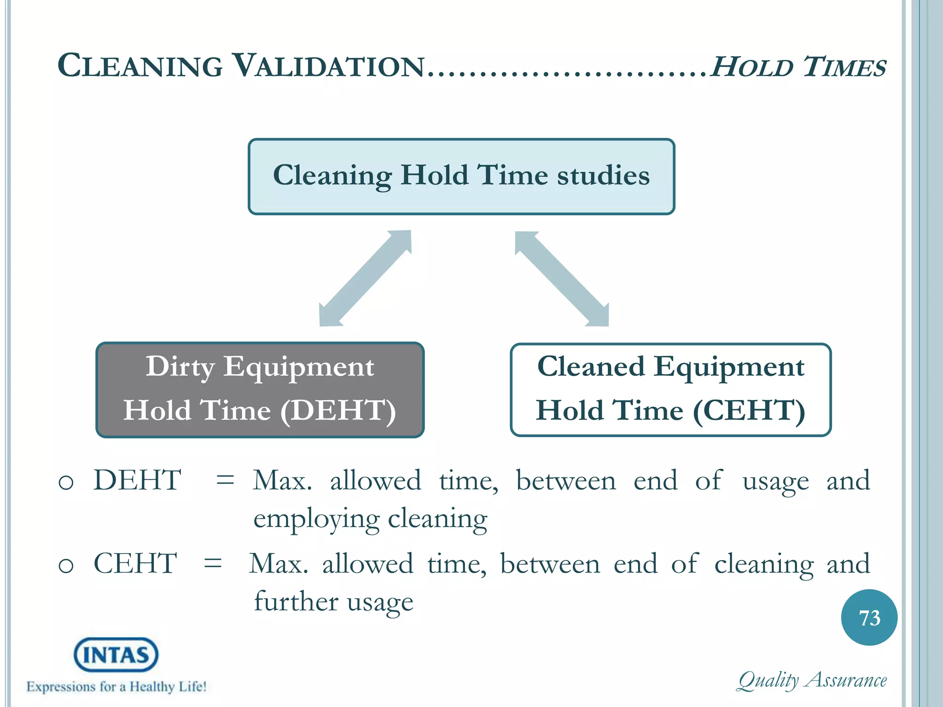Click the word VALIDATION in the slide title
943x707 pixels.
tap(328, 66)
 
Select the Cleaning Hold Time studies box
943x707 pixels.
tap(461, 176)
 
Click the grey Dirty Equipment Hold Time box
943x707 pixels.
tap(260, 389)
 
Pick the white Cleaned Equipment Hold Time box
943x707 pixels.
tap(670, 389)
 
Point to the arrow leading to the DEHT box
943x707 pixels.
tap(365, 278)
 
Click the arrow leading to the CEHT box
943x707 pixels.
tap(562, 278)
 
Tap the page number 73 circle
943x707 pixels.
tap(869, 617)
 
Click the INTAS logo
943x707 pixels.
tap(116, 655)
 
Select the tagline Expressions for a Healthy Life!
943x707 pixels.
tap(116, 687)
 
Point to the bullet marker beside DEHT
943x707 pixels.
tap(66, 482)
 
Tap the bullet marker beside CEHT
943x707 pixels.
tap(66, 566)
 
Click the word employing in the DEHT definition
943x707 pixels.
tap(316, 520)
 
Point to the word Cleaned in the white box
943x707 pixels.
tap(591, 367)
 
